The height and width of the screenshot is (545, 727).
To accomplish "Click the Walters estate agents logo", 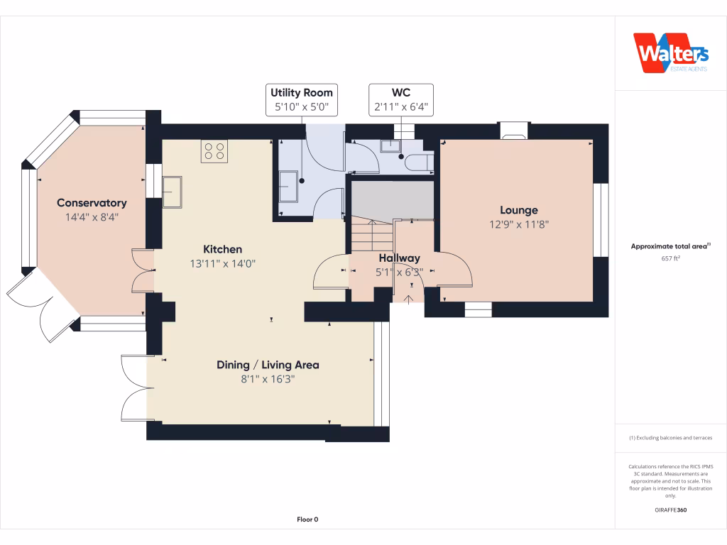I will [670, 53].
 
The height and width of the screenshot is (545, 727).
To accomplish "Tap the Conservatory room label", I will [92, 203].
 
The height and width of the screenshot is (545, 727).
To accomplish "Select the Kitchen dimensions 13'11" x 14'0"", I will [223, 263].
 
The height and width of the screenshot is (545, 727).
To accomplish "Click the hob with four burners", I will [214, 151].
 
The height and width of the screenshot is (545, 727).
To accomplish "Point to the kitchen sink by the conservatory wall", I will [172, 191].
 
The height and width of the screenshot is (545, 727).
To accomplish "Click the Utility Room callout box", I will [301, 100].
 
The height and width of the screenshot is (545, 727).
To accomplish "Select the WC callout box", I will [401, 100].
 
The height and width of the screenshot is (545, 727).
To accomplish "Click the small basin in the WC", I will [390, 146].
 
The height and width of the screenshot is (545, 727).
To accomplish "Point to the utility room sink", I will [289, 187].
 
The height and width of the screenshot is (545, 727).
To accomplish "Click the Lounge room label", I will [519, 210].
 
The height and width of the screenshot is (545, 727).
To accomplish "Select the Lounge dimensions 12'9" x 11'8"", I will [519, 224].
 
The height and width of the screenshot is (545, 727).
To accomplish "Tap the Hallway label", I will [399, 258].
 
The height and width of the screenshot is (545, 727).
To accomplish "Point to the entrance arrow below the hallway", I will [409, 297].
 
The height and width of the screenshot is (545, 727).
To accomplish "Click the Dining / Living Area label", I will [268, 365].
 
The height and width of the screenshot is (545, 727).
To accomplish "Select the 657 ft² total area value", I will [671, 258].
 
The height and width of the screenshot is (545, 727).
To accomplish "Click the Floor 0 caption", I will [307, 519].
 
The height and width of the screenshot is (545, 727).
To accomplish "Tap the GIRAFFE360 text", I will [671, 510].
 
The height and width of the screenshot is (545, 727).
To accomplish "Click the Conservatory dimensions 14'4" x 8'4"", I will [92, 217].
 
